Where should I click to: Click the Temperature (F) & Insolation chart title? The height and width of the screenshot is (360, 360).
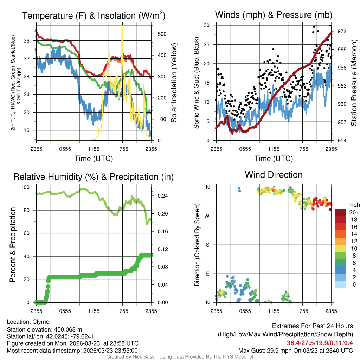point(94,16)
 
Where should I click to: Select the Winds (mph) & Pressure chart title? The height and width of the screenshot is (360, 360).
point(274,15)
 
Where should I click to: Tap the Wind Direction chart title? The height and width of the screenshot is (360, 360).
point(274,175)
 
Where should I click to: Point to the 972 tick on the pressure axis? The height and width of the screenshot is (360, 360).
point(342,31)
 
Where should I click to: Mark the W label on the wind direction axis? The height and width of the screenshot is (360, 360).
point(207,216)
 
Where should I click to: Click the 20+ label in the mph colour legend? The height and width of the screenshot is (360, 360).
point(353,213)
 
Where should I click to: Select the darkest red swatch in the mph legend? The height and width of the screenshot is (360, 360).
point(341,212)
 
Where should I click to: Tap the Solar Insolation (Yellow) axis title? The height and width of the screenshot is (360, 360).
point(174,83)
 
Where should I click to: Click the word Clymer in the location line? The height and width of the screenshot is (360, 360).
point(42,322)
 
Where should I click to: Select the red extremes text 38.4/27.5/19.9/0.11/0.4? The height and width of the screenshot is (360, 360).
point(320,343)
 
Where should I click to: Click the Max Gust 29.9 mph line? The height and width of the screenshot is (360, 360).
point(296,350)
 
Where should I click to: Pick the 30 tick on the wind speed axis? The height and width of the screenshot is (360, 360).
point(207,25)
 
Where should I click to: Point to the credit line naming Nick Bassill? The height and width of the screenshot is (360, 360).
point(180,357)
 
